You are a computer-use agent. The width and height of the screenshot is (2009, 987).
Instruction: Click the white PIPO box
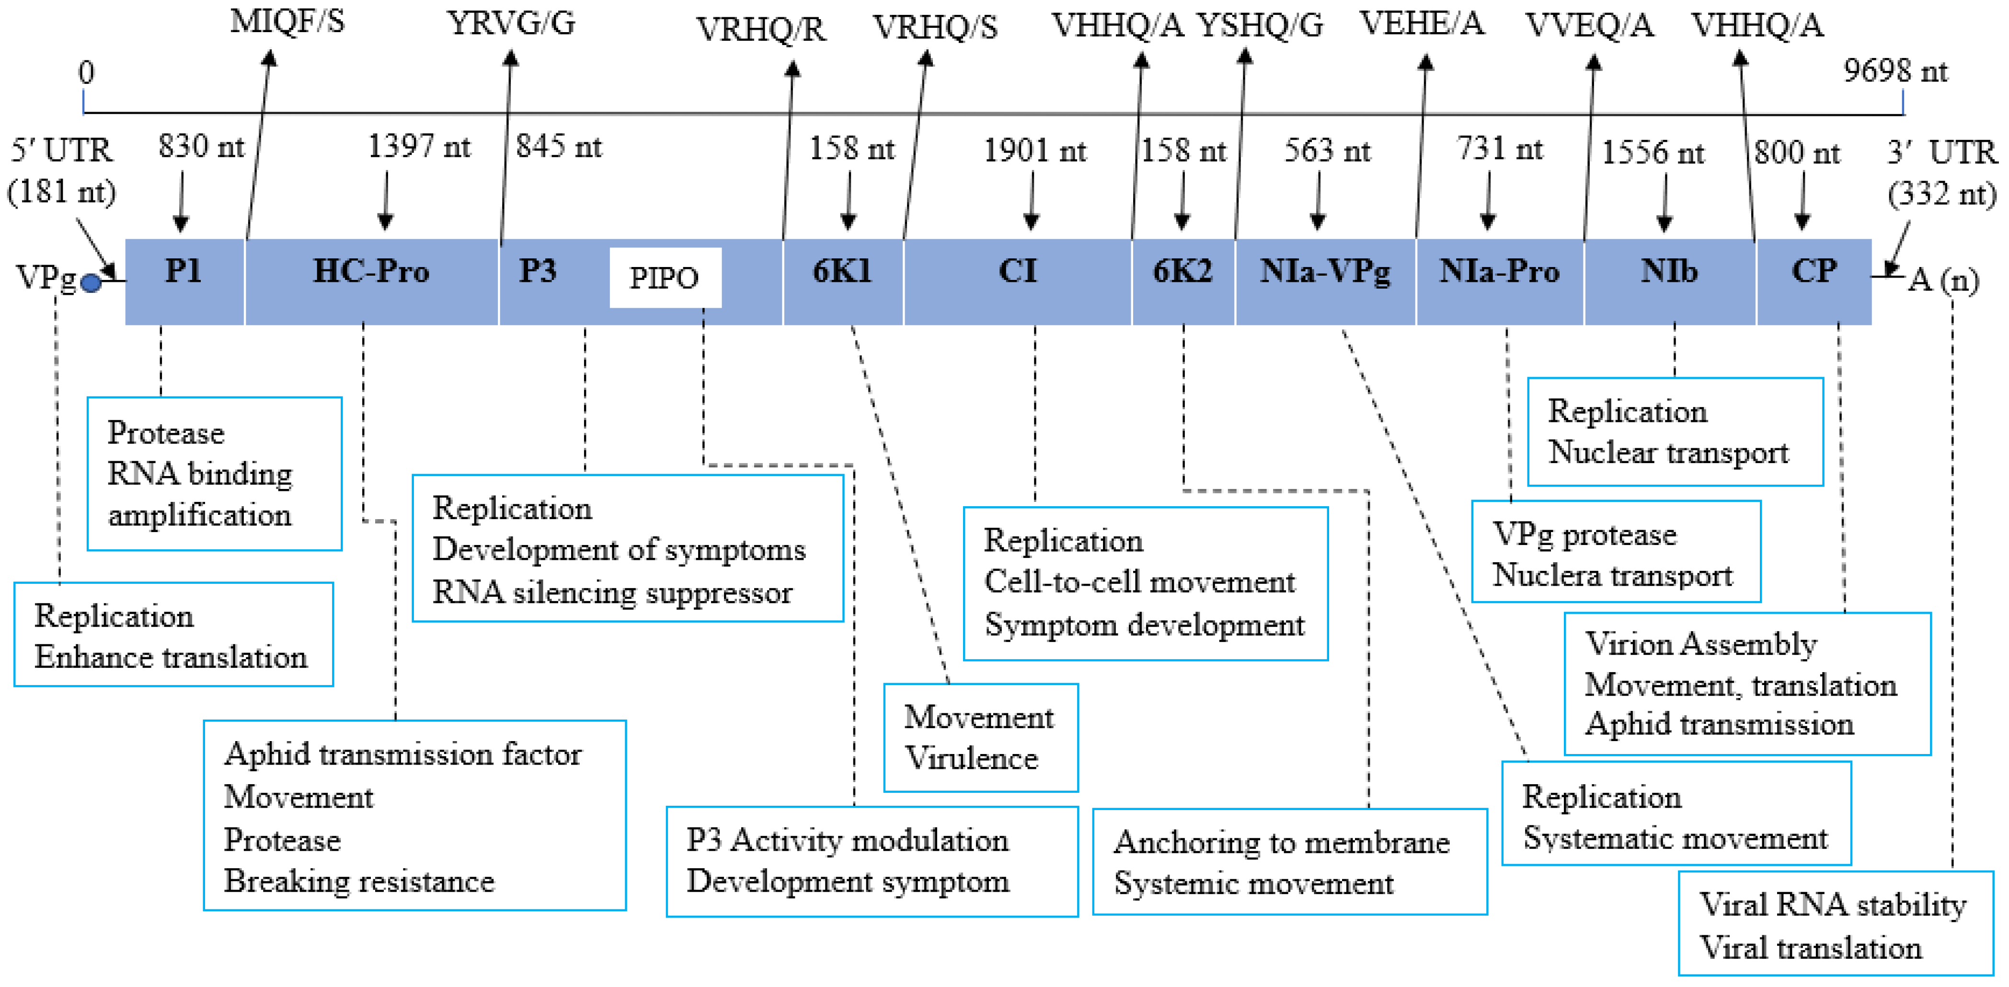665,278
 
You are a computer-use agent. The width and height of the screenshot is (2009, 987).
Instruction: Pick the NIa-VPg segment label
1325,271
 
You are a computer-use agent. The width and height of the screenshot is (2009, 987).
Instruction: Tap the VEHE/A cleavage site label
1422,24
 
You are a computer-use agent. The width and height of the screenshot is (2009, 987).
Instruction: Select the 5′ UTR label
62,151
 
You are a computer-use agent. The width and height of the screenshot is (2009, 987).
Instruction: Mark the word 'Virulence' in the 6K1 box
971,758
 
